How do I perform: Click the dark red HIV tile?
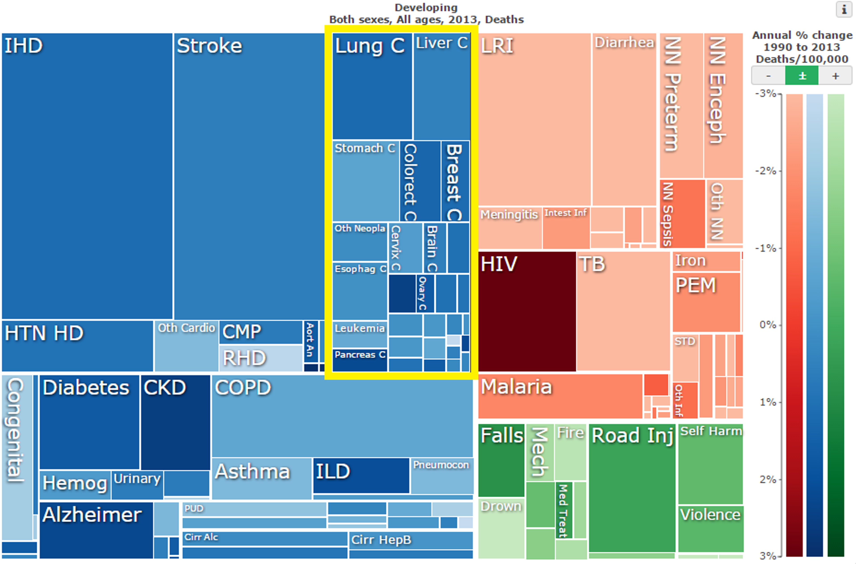(527, 311)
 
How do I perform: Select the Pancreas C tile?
(360, 360)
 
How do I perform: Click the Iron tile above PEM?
(706, 261)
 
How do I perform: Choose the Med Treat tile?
(563, 510)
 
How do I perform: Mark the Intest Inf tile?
(566, 228)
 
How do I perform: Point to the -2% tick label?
(766, 171)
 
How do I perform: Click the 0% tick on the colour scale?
(768, 325)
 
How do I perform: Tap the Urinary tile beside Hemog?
(137, 484)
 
